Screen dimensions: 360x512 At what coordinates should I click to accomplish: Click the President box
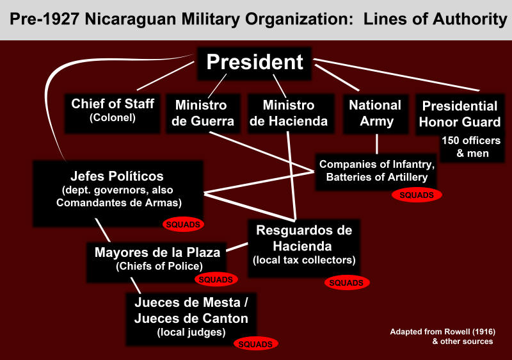click(254, 62)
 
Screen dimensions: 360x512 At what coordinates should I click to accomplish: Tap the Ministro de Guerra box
click(201, 113)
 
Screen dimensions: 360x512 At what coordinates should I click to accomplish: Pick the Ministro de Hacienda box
click(289, 113)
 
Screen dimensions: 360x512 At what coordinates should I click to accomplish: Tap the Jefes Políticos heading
click(116, 176)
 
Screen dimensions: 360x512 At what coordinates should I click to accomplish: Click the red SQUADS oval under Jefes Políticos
click(184, 225)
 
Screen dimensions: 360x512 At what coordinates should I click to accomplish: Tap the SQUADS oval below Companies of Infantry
click(417, 195)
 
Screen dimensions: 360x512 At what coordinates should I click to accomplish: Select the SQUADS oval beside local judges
click(255, 344)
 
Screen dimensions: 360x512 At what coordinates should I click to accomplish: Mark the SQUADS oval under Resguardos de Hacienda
click(348, 282)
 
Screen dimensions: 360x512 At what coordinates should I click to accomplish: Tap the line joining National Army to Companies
click(378, 143)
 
